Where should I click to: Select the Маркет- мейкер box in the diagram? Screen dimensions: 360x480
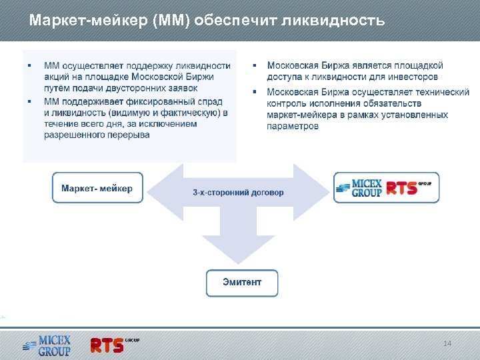(x=97, y=188)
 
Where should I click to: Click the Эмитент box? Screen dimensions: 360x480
(x=242, y=283)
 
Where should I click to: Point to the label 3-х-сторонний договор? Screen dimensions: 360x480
(x=238, y=193)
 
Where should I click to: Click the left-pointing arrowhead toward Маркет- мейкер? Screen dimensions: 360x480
(x=159, y=192)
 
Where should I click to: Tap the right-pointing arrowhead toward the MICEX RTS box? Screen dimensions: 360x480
(x=319, y=192)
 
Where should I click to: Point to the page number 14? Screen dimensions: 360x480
(x=447, y=343)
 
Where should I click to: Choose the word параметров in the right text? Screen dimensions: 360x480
(x=293, y=125)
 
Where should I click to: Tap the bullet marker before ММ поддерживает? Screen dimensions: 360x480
(x=29, y=101)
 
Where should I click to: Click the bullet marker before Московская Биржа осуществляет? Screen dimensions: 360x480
(x=255, y=91)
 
